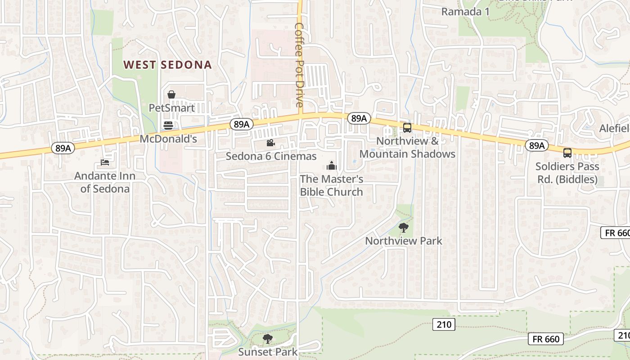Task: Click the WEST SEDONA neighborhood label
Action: pos(167,65)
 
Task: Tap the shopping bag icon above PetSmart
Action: pos(171,94)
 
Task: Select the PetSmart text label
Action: pos(172,108)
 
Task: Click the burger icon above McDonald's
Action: pos(168,125)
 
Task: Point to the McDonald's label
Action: pos(168,139)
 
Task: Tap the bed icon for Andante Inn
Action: pos(105,162)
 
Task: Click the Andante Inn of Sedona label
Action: pos(105,182)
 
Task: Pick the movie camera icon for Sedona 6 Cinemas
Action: pos(270,143)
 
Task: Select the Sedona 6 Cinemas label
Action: pos(271,157)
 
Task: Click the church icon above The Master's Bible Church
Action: pos(332,166)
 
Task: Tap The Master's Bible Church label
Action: pos(332,185)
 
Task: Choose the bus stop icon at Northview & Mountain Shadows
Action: pos(407,127)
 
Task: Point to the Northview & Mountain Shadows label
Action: pos(407,148)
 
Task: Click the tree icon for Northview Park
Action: pos(404,227)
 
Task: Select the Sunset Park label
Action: pos(268,351)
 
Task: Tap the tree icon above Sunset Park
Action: pos(268,338)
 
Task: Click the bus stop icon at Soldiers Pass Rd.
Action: pos(567,153)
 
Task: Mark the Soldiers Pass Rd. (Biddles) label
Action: pos(567,173)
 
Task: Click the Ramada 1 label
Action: pos(465,12)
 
